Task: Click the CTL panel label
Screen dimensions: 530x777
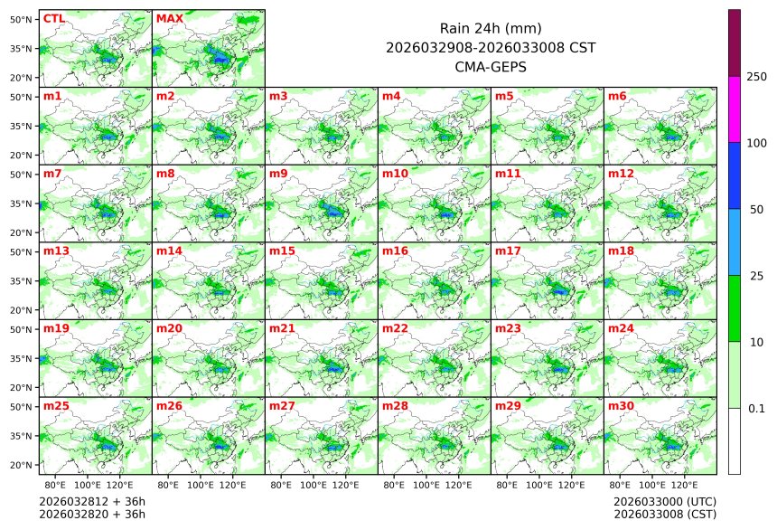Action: point(54,18)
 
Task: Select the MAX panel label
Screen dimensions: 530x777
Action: point(169,18)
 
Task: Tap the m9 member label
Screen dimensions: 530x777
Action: point(278,173)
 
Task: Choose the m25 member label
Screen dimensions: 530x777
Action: point(56,406)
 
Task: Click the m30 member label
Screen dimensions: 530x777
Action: point(621,406)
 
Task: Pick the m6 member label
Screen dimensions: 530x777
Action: point(617,96)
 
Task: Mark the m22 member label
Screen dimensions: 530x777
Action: point(395,328)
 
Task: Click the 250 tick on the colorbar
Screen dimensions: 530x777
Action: point(757,77)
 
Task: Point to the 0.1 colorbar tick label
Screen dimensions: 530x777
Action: point(757,409)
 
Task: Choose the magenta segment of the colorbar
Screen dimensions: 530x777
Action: point(735,109)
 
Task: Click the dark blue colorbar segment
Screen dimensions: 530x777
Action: point(735,175)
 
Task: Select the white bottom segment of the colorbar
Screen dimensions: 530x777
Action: point(735,440)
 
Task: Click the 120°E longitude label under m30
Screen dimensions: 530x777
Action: point(683,485)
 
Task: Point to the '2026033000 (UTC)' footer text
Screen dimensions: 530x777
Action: point(664,501)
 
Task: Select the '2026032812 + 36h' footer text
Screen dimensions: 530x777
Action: point(91,501)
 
